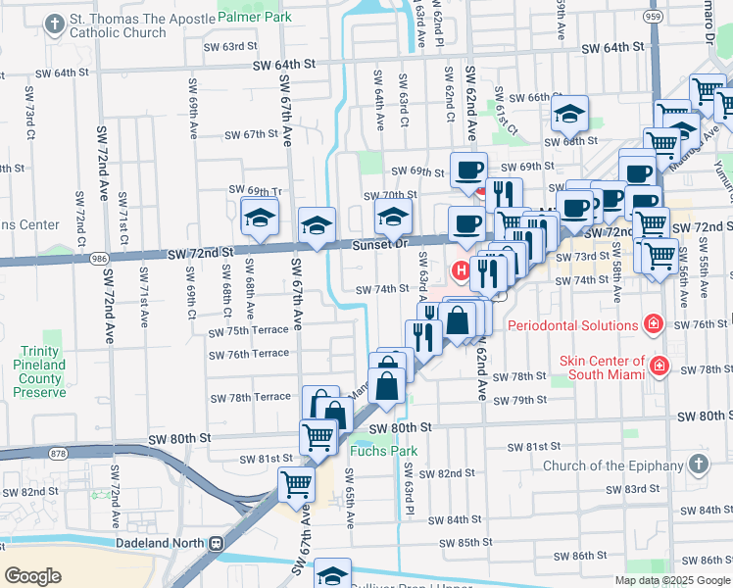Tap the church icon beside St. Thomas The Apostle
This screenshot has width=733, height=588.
(56, 23)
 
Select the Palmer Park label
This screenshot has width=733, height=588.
(248, 18)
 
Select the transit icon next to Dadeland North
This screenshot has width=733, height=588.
(214, 543)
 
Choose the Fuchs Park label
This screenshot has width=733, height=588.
(383, 452)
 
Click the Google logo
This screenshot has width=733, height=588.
(34, 575)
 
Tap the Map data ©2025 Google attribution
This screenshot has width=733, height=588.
(672, 580)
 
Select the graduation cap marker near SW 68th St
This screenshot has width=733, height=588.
(568, 115)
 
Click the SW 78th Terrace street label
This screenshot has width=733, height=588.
(251, 397)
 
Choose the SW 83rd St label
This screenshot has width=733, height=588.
(632, 489)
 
